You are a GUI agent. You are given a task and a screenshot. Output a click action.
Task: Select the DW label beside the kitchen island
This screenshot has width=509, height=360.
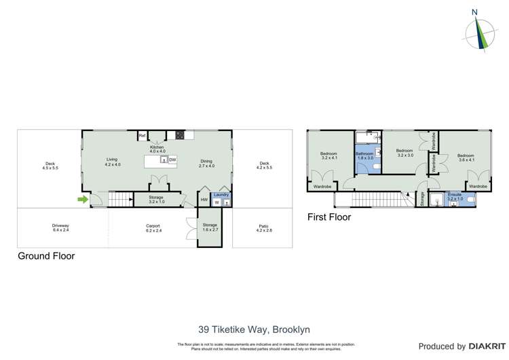tap(172, 160)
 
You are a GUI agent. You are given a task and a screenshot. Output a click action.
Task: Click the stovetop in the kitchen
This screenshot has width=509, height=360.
tap(181, 134)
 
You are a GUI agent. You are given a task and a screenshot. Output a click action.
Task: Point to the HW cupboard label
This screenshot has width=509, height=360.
tap(204, 200)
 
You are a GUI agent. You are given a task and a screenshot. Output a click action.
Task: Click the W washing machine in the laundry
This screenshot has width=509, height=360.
tap(217, 202)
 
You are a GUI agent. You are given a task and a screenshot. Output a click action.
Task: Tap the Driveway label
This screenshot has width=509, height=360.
tap(61, 228)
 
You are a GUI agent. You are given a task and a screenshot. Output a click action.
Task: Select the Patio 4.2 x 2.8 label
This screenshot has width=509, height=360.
tap(263, 228)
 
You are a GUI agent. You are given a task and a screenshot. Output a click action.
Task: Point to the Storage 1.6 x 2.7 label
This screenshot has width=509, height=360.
tap(209, 228)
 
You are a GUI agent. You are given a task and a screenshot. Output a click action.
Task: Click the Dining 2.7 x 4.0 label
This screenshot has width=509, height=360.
tap(206, 163)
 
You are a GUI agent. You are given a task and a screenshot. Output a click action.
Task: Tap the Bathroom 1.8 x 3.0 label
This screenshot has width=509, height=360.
tap(365, 156)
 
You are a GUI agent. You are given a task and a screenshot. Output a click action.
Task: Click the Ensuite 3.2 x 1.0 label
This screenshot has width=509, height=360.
tap(455, 196)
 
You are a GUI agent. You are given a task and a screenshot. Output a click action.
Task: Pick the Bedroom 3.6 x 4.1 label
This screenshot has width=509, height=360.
tap(466, 158)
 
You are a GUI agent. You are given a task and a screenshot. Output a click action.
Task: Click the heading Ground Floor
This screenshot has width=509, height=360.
tap(45, 256)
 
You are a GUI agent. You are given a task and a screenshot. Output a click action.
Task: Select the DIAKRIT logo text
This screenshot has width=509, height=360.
tap(484, 346)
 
